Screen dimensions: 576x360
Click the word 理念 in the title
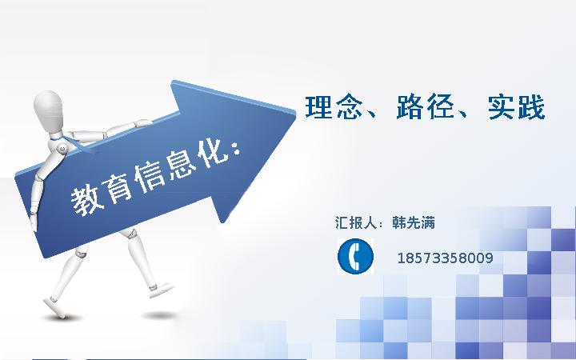(334, 107)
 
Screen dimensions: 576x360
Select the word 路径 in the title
(425, 107)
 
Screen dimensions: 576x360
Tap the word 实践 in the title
(517, 107)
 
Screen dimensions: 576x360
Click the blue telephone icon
(355, 256)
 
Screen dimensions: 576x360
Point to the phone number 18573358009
(446, 258)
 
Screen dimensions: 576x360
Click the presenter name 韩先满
(414, 222)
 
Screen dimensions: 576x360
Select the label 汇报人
(356, 222)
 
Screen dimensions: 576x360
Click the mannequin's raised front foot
(161, 289)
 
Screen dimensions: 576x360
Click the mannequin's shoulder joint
(62, 149)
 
